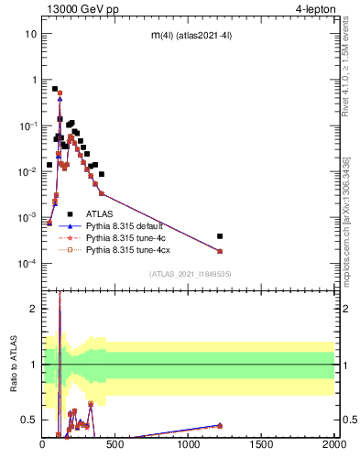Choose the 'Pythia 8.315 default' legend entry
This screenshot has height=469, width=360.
[127, 224]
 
